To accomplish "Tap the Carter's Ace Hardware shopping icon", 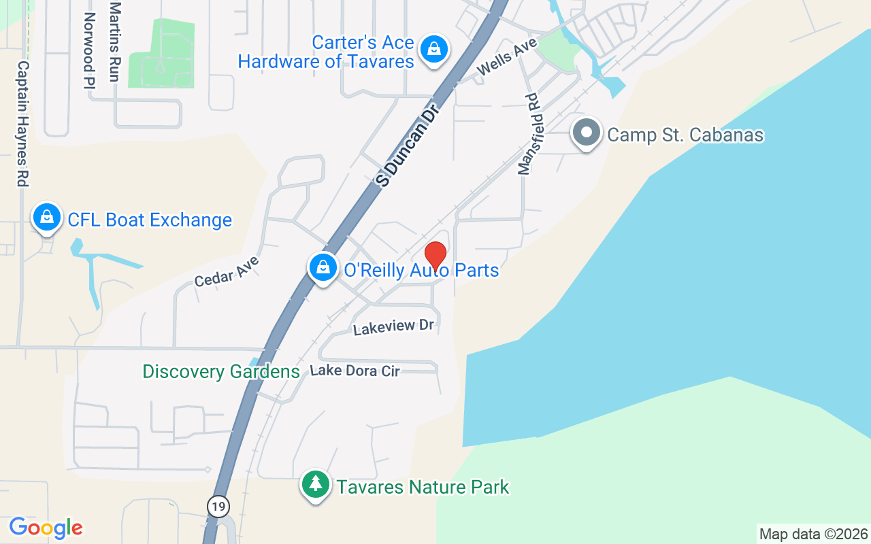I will coord(433,50).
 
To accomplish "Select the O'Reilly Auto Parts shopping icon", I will coord(324,268).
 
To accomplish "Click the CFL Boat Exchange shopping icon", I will coord(46,218).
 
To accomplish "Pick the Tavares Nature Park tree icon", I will coord(315,485).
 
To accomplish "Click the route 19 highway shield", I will coord(219,507).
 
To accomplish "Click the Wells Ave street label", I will coord(507,56).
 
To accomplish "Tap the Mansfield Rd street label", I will coord(529,135).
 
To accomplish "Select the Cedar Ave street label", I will coord(227,271).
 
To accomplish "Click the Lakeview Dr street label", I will coord(393,327).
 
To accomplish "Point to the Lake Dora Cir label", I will coord(355,371).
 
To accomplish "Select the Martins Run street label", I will coord(114,41).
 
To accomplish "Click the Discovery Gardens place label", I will coord(220,372).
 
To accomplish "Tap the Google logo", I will coord(46,527).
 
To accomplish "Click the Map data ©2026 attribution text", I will coord(813,534).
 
